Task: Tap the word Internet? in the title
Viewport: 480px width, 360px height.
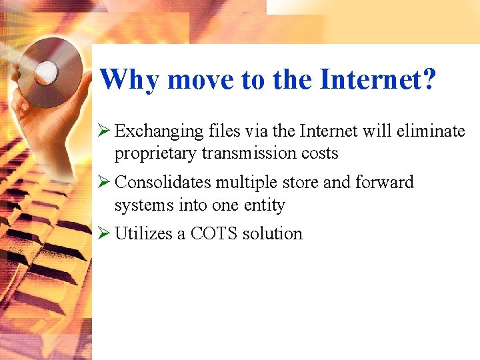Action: click(x=378, y=79)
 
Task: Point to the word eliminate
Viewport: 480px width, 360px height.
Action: click(x=431, y=131)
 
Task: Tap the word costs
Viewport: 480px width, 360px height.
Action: click(x=319, y=154)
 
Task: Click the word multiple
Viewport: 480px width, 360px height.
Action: click(x=243, y=183)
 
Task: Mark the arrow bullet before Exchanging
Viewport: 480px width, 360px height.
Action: click(x=104, y=131)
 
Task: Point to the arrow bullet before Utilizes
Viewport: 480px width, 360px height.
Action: click(x=104, y=233)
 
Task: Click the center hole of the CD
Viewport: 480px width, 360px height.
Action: click(x=47, y=69)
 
